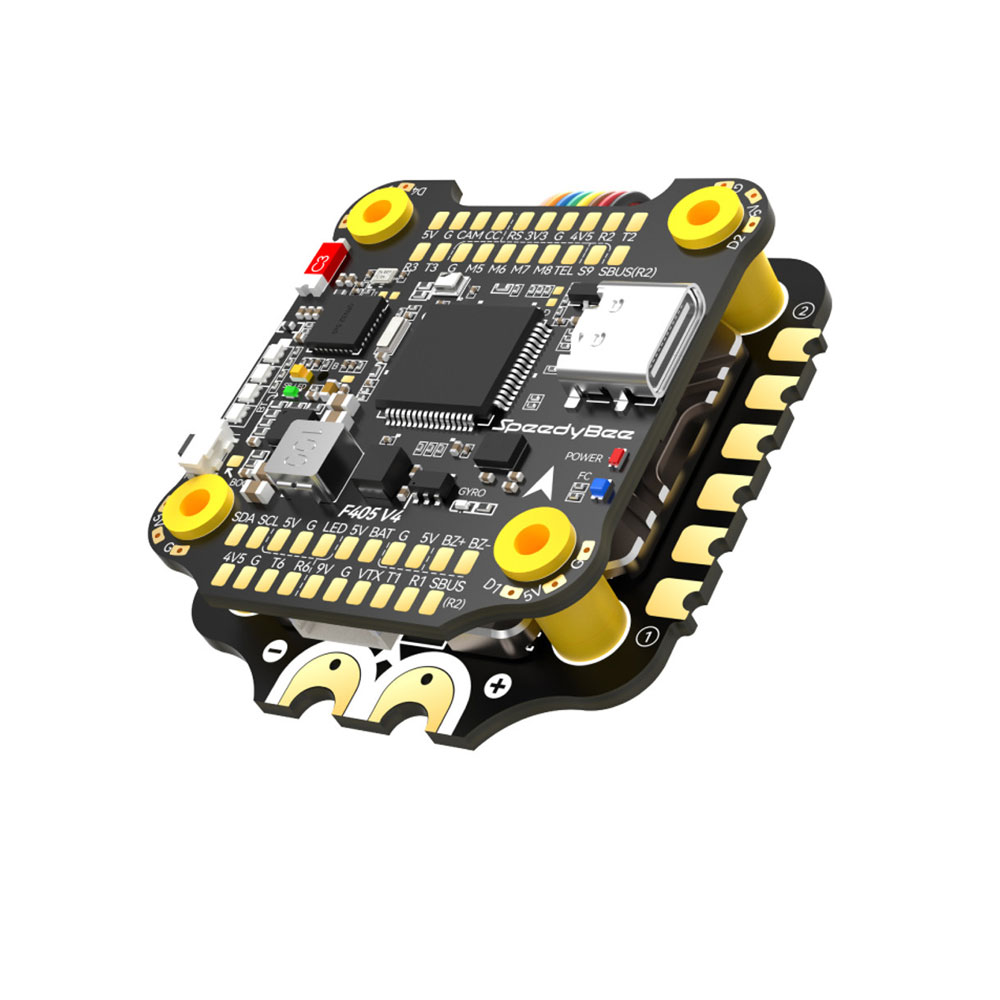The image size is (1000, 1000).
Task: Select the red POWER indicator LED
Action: (x=615, y=458)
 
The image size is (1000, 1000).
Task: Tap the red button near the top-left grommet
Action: (x=324, y=262)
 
